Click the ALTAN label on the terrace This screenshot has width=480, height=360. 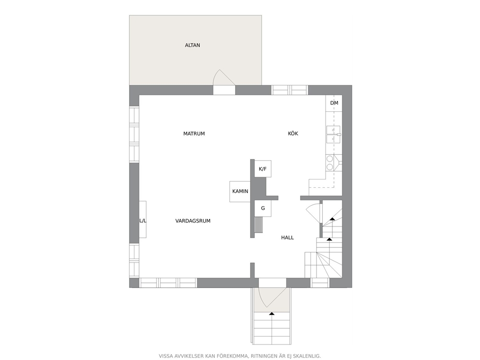click(x=192, y=45)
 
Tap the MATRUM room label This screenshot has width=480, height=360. click(x=194, y=134)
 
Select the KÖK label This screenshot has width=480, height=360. click(x=293, y=134)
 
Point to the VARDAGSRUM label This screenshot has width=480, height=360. click(x=193, y=221)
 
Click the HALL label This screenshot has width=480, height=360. click(x=287, y=238)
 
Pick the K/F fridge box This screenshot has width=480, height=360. click(x=263, y=169)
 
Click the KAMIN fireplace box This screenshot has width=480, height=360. click(x=240, y=191)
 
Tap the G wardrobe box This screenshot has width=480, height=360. click(x=263, y=209)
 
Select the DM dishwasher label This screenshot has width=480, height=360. click(x=334, y=103)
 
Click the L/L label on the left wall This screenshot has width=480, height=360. click(x=143, y=221)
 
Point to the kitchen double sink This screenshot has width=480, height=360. click(x=334, y=135)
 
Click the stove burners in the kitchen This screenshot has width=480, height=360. click(x=330, y=163)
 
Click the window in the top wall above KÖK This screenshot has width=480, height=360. click(x=289, y=90)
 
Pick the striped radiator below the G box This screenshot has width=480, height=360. click(x=259, y=225)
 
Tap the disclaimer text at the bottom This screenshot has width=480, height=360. click(x=240, y=356)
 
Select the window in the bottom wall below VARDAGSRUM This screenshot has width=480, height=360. click(x=168, y=283)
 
